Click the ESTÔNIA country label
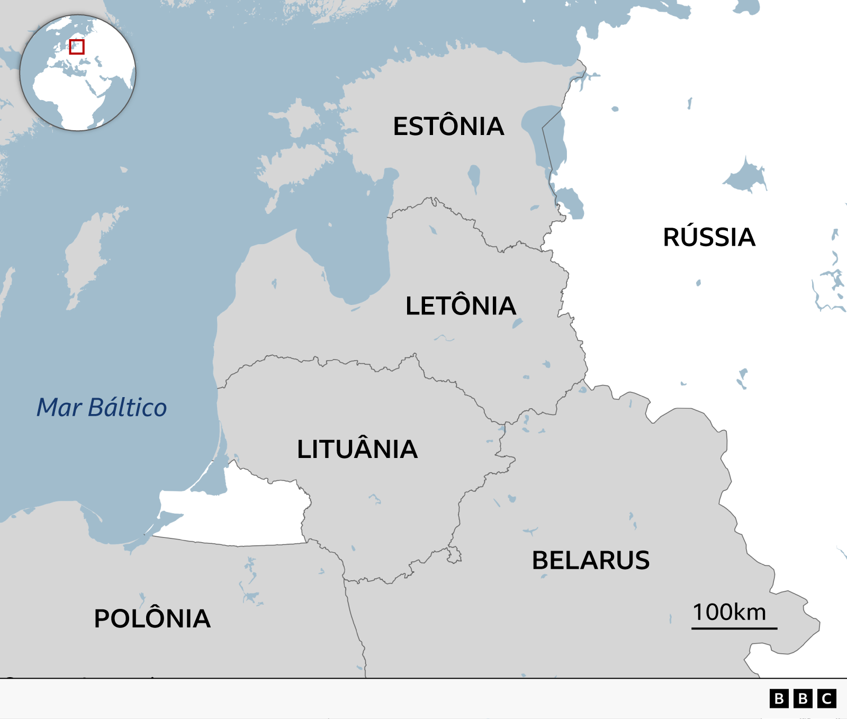click(448, 126)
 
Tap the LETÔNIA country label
click(461, 306)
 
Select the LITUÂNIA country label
click(357, 450)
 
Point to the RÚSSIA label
click(709, 237)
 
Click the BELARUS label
click(591, 561)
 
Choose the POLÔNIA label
click(152, 618)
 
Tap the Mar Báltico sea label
click(102, 408)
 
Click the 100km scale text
click(729, 612)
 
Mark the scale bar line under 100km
click(734, 628)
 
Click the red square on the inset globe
click(77, 47)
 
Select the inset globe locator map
click(78, 73)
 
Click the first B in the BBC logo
click(779, 699)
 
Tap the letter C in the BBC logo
click(827, 699)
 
